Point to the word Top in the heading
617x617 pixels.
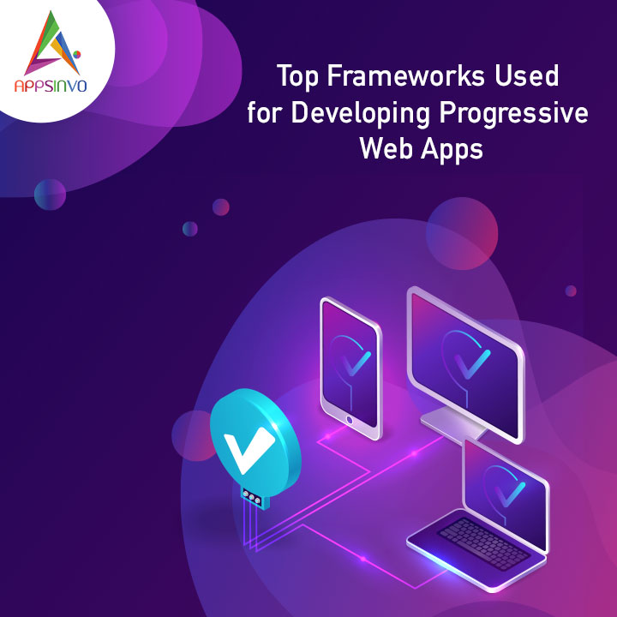tap(297, 77)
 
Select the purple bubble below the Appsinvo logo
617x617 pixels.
tap(50, 195)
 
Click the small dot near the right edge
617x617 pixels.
tap(571, 291)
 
